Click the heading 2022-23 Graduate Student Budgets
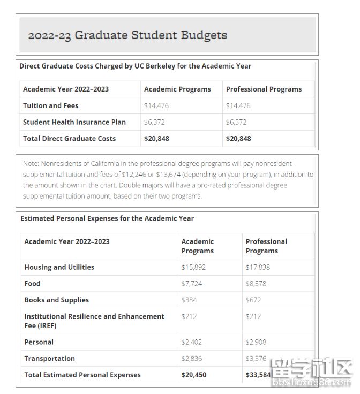127,35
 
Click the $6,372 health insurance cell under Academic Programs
154,122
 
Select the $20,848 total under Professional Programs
238,139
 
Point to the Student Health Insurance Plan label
74,122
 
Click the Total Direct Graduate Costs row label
69,139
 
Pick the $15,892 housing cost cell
193,267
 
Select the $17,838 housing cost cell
258,267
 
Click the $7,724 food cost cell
192,284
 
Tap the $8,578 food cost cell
256,284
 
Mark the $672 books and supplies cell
253,300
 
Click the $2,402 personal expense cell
192,342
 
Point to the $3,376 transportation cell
256,359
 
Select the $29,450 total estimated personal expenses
194,375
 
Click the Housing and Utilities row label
59,267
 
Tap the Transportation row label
49,359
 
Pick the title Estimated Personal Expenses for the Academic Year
107,218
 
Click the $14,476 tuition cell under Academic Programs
156,105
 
